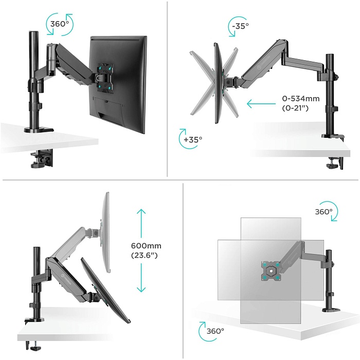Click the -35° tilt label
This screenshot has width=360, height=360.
[240, 26]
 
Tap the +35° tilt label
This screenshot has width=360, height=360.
[193, 139]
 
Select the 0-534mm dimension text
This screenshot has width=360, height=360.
[301, 99]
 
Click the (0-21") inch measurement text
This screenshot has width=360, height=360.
[295, 108]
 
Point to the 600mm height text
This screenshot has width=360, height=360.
[146, 246]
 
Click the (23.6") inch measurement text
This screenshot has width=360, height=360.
[144, 255]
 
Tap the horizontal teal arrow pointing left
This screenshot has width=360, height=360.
[261, 103]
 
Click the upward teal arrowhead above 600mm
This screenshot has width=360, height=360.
[141, 212]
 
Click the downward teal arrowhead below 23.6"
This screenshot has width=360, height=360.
[141, 289]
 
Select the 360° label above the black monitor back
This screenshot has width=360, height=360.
[60, 24]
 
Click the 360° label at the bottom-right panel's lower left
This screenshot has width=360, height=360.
[215, 331]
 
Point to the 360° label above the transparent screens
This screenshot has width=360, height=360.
[323, 212]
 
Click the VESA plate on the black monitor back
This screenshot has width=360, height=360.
[104, 78]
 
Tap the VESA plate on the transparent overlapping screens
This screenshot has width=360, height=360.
[271, 271]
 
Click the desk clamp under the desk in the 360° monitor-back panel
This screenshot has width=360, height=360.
[42, 158]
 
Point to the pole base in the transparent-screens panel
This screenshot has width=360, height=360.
[331, 310]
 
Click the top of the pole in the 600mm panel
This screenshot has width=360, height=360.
[37, 248]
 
